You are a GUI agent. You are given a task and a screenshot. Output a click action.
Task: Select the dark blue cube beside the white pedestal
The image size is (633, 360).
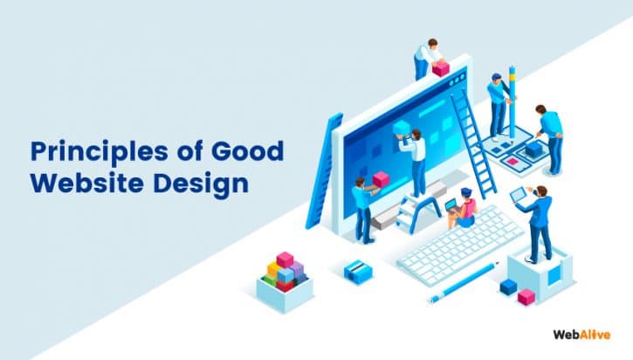[507, 286]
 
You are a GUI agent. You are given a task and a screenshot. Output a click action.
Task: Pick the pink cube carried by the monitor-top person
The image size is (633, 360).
[442, 67]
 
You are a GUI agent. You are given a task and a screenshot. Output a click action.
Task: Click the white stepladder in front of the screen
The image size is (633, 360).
[417, 209]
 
